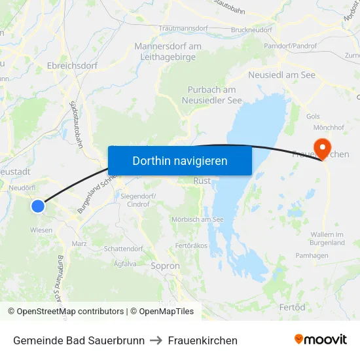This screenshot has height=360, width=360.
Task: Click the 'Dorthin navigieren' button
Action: click(x=179, y=160)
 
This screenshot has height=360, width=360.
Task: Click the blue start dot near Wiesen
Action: click(x=38, y=206)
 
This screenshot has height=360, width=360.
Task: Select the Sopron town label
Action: click(x=165, y=266)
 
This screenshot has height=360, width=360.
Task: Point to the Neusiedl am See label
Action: click(x=281, y=75)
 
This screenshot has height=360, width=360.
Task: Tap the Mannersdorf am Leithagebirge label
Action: click(x=168, y=51)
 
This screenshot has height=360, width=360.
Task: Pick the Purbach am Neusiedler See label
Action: click(x=212, y=95)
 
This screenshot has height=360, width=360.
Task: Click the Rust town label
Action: click(x=202, y=180)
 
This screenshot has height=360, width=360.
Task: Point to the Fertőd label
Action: click(x=292, y=307)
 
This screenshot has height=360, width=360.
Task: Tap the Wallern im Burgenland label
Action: click(x=327, y=238)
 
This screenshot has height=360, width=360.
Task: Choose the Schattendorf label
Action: click(x=123, y=249)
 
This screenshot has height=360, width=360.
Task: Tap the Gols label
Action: click(x=313, y=116)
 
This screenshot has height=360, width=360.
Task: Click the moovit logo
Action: click(x=321, y=340)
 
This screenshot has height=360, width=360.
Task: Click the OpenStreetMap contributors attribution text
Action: click(x=65, y=312)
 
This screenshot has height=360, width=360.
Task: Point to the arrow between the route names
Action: click(x=156, y=340)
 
